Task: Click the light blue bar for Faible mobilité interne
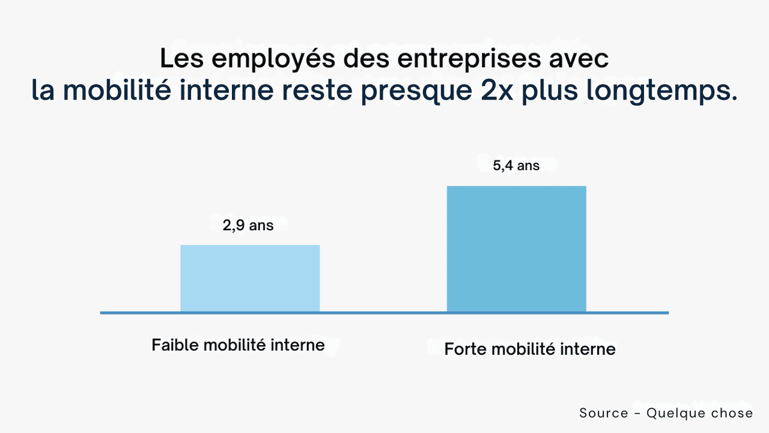tap(250, 278)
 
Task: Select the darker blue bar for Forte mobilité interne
tap(517, 249)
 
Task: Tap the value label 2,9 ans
tap(247, 226)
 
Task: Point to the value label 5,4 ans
tap(516, 166)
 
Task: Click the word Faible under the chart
tap(175, 345)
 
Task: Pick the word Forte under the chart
tap(465, 350)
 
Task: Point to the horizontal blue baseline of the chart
tap(384, 313)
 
